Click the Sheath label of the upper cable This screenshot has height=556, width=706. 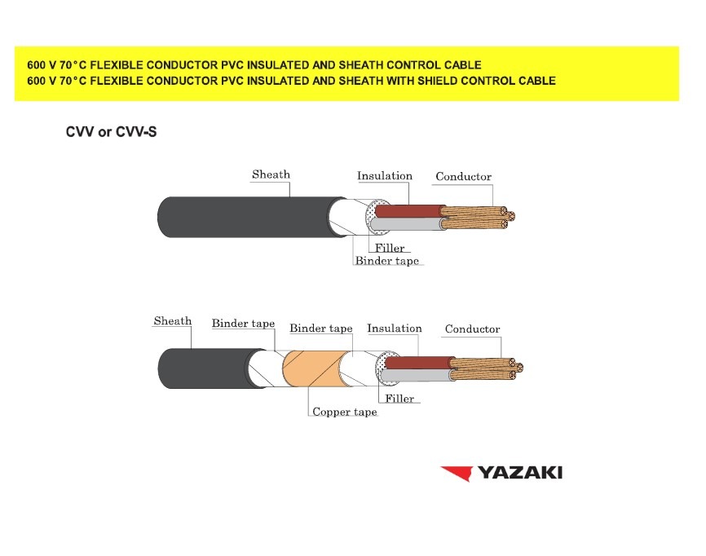[x=271, y=174]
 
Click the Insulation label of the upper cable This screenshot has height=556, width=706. [x=385, y=176]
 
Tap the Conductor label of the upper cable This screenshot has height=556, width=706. [x=463, y=177]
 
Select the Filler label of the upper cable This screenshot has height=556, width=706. [x=390, y=248]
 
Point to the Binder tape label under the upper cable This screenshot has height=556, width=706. [x=386, y=261]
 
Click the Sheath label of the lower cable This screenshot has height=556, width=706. [x=172, y=321]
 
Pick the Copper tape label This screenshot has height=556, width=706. [x=345, y=413]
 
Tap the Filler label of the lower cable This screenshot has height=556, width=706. [x=399, y=399]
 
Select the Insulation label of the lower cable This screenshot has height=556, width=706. [x=395, y=329]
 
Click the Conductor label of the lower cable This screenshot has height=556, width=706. [x=472, y=329]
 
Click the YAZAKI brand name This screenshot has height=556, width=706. [x=519, y=473]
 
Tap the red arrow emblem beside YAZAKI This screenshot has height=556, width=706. [x=456, y=473]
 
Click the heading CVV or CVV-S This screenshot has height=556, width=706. [x=111, y=132]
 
